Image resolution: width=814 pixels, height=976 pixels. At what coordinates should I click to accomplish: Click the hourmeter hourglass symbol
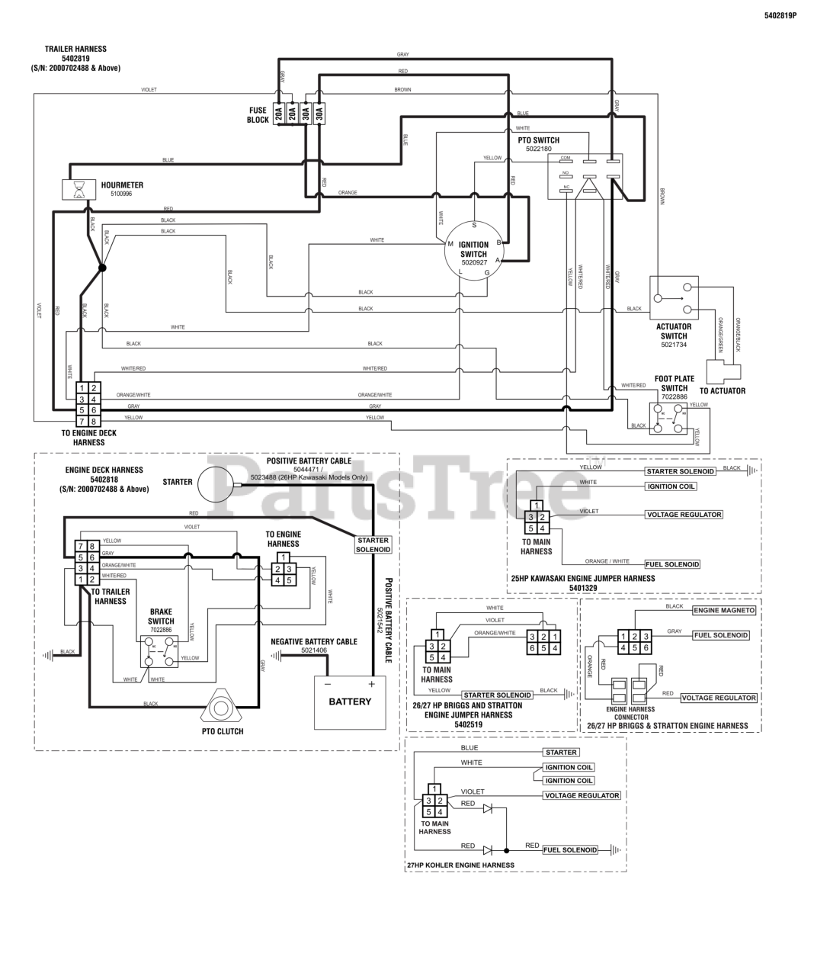77,189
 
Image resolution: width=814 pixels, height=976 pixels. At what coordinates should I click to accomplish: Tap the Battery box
350,702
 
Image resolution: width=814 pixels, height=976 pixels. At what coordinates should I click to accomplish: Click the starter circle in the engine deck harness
216,486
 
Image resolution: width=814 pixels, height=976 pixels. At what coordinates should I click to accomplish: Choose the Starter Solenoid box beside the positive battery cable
373,544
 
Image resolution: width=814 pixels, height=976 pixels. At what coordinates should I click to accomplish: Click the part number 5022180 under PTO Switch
538,149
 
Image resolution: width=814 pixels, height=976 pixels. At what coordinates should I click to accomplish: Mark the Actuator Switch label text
674,331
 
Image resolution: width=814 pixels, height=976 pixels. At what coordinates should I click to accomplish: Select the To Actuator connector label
722,391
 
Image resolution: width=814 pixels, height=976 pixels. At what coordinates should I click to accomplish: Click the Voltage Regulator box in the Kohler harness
581,795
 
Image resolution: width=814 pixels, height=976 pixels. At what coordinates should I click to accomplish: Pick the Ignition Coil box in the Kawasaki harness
671,486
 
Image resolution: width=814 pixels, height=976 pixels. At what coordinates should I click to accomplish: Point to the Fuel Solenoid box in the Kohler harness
570,849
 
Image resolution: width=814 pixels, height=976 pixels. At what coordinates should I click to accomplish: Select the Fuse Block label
258,115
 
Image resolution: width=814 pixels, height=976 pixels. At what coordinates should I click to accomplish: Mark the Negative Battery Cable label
314,642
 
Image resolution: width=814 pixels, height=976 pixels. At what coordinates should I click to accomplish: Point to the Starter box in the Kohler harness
560,753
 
